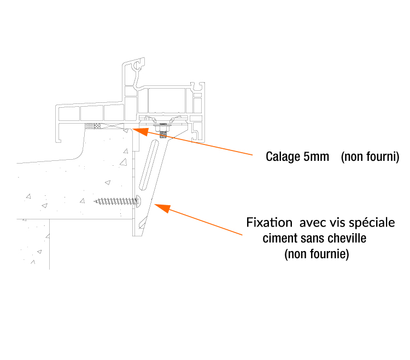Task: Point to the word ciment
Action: [x=278, y=239]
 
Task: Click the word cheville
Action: [x=348, y=239]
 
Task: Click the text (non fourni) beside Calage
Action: [x=370, y=157]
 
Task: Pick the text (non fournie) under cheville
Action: [x=317, y=254]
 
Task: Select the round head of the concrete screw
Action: [x=138, y=201]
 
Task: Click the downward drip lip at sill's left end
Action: [x=58, y=134]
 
